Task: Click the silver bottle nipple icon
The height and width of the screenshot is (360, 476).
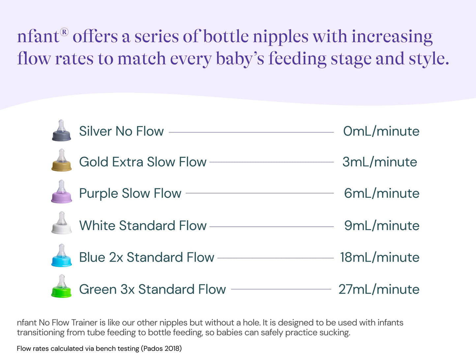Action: pyautogui.click(x=61, y=131)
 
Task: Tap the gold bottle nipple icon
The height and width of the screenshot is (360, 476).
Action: pyautogui.click(x=61, y=161)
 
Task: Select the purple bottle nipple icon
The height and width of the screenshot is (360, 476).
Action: pyautogui.click(x=61, y=192)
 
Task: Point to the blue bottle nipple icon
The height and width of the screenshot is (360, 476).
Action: pyautogui.click(x=61, y=256)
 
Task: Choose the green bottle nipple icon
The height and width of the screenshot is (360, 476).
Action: pyautogui.click(x=61, y=287)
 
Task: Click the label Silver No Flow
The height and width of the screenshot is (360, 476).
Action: pyautogui.click(x=121, y=131)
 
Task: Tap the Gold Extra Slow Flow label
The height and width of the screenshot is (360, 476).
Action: pyautogui.click(x=143, y=162)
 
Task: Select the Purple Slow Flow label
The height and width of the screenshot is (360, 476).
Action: pyautogui.click(x=130, y=193)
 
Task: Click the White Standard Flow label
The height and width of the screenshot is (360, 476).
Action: pyautogui.click(x=143, y=225)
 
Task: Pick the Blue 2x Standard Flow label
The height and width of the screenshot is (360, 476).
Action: pyautogui.click(x=147, y=257)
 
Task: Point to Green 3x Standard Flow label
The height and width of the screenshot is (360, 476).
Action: pyautogui.click(x=152, y=289)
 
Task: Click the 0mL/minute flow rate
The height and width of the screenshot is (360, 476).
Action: pyautogui.click(x=381, y=131)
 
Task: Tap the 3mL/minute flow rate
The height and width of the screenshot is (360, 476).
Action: pyautogui.click(x=379, y=162)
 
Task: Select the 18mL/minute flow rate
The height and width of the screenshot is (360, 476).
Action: pyautogui.click(x=379, y=257)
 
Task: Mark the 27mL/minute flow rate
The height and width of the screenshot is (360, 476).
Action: pyautogui.click(x=379, y=289)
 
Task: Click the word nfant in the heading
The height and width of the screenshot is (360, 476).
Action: pyautogui.click(x=38, y=37)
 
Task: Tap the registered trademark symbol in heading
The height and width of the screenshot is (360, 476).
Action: pyautogui.click(x=64, y=32)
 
